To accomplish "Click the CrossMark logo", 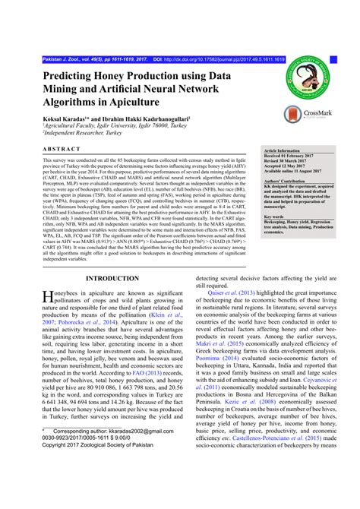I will click(308, 112).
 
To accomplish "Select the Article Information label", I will click(285, 151).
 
